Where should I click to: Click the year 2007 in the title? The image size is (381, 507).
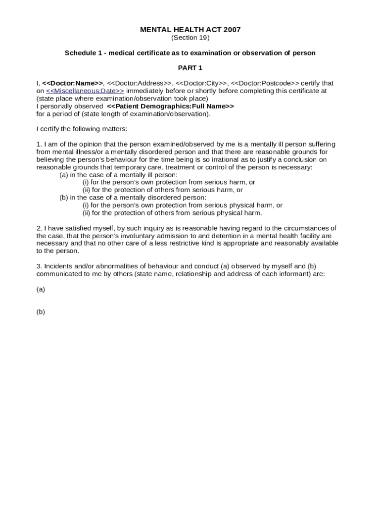tap(232, 30)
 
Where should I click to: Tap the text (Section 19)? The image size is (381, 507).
tap(190, 38)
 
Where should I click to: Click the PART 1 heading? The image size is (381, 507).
tap(190, 68)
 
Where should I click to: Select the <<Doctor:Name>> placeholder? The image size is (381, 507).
tap(73, 83)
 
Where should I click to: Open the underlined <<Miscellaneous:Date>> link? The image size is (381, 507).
tap(85, 91)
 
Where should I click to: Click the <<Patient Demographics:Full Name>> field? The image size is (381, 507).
tap(170, 106)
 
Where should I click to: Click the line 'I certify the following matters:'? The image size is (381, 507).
tap(82, 129)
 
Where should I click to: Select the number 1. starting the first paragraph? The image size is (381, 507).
tap(39, 144)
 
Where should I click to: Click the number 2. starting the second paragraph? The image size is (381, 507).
tap(39, 228)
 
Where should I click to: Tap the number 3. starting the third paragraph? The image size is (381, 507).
tap(39, 266)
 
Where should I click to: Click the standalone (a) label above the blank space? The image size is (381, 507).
tap(41, 289)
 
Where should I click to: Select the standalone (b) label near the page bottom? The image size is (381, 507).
tap(41, 312)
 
